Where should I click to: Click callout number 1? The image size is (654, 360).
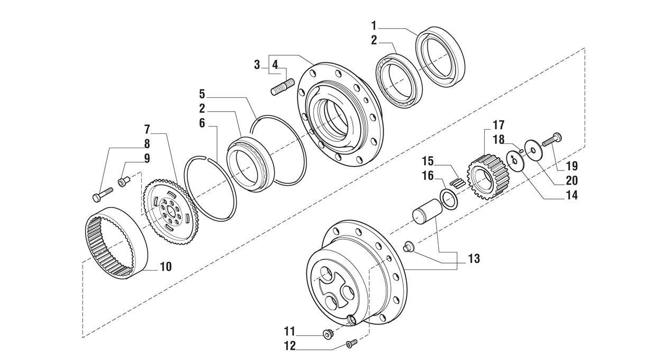pyautogui.click(x=374, y=25)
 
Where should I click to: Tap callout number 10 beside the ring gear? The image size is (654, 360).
pyautogui.click(x=165, y=267)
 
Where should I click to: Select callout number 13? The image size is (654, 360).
pyautogui.click(x=474, y=258)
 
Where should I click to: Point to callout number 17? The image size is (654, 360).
pyautogui.click(x=498, y=125)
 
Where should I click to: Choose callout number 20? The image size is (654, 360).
pyautogui.click(x=571, y=181)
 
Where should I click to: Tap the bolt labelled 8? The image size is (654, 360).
pyautogui.click(x=103, y=194)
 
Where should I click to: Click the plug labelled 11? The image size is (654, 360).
pyautogui.click(x=328, y=334)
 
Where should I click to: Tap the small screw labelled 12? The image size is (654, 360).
pyautogui.click(x=351, y=343)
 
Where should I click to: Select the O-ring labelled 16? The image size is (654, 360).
pyautogui.click(x=449, y=201)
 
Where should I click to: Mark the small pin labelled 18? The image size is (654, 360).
pyautogui.click(x=521, y=151)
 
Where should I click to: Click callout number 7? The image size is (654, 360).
pyautogui.click(x=147, y=129)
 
